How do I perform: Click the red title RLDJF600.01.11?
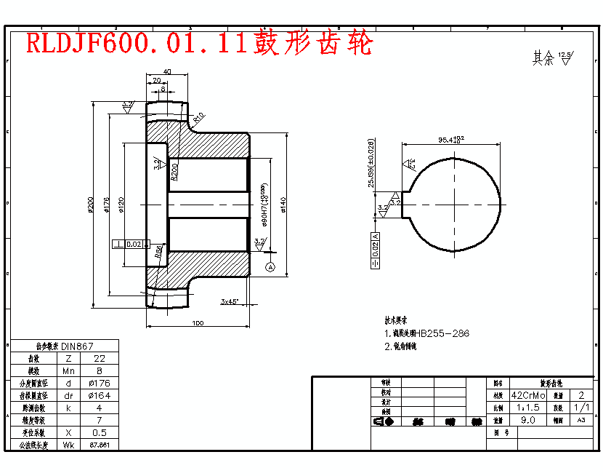[x=138, y=44]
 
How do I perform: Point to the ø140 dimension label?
[x=283, y=205]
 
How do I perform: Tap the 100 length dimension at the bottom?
[x=197, y=323]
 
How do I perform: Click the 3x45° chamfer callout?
[x=230, y=301]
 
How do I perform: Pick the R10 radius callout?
[x=198, y=116]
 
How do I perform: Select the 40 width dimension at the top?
[x=167, y=71]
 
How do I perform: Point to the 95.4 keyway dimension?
[x=451, y=139]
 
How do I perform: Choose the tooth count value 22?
[x=100, y=359]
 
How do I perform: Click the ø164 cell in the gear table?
[x=100, y=396]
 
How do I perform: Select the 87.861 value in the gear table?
[x=100, y=445]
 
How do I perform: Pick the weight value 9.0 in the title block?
[x=528, y=420]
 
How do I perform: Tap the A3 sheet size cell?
[x=580, y=420]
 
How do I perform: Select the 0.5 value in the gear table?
[x=100, y=432]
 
